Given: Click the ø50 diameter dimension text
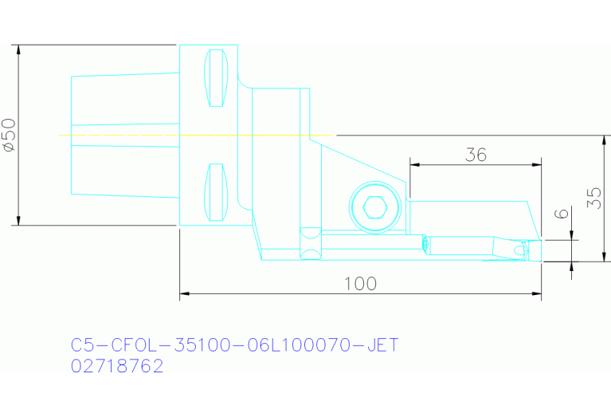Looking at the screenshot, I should (x=9, y=135).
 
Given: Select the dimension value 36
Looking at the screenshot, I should (x=476, y=155).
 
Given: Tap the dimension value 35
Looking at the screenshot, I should (x=593, y=198).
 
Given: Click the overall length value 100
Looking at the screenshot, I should (x=360, y=284).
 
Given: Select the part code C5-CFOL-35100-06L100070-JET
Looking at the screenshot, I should (x=234, y=345).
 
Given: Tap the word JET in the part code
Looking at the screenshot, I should (x=381, y=345).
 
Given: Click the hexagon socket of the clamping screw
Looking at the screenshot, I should (x=374, y=209).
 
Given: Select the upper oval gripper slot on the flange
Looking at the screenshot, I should (x=216, y=77).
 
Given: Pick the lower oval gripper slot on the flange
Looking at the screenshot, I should (x=216, y=191).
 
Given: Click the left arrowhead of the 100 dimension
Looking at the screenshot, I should (x=184, y=295).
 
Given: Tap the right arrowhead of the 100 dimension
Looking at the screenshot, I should (x=537, y=295).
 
